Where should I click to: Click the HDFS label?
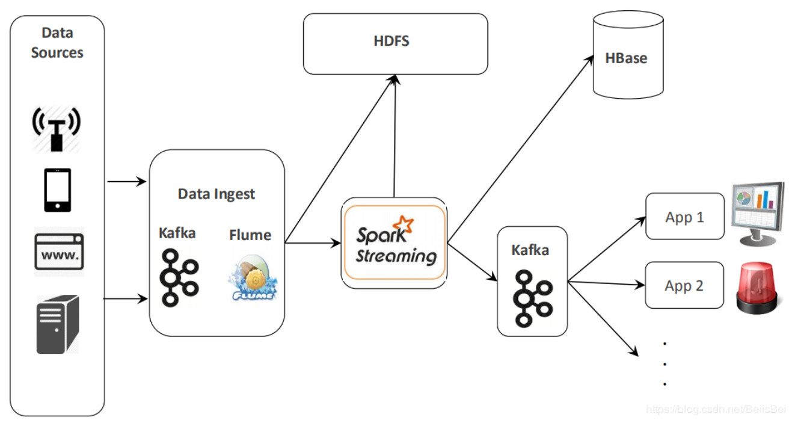click(391, 41)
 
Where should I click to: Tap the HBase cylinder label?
click(626, 58)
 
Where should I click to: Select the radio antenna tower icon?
click(57, 129)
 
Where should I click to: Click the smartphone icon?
click(57, 190)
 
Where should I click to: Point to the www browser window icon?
click(59, 252)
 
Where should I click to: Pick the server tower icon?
click(58, 324)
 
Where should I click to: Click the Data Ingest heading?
click(216, 194)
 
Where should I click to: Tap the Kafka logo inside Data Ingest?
click(179, 278)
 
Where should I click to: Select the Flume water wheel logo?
click(253, 278)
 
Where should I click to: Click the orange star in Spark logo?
click(404, 224)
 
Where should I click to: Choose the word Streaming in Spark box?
click(396, 256)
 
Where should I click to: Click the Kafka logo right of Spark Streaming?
click(533, 298)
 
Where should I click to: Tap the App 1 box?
click(685, 217)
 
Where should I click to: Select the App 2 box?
click(684, 285)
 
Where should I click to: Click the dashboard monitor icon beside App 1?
click(758, 214)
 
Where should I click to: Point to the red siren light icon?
click(757, 288)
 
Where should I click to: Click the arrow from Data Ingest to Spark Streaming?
click(313, 243)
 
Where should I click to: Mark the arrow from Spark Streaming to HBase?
click(520, 149)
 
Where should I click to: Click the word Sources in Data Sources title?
click(57, 52)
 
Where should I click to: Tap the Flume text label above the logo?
click(250, 235)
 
